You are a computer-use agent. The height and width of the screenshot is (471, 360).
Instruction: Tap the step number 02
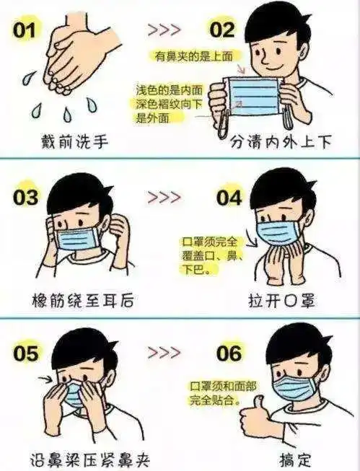(222, 30)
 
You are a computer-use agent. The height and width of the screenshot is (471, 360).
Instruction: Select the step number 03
(27, 196)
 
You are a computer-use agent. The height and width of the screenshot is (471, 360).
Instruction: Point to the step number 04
(229, 197)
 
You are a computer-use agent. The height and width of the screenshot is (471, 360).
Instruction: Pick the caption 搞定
(294, 458)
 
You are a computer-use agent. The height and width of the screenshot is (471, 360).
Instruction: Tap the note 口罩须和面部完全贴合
(221, 392)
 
